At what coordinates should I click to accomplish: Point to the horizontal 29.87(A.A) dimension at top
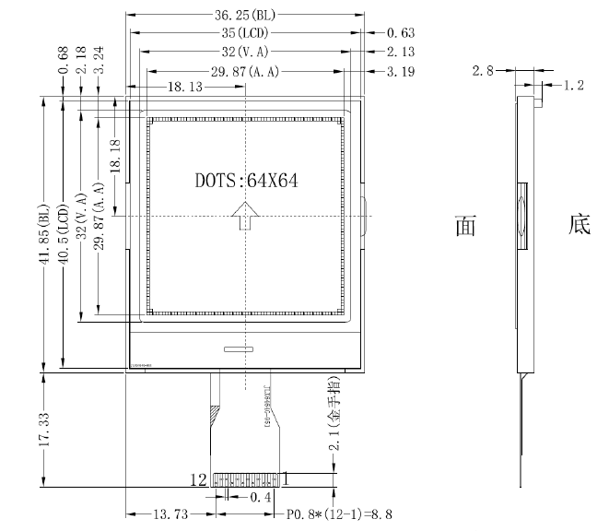[x=245, y=70]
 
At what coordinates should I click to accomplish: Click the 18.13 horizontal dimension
[x=188, y=86]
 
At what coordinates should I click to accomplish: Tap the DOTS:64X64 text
[x=245, y=180]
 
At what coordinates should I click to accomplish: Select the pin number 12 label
[x=197, y=479]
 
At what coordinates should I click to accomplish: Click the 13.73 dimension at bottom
[x=169, y=513]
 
